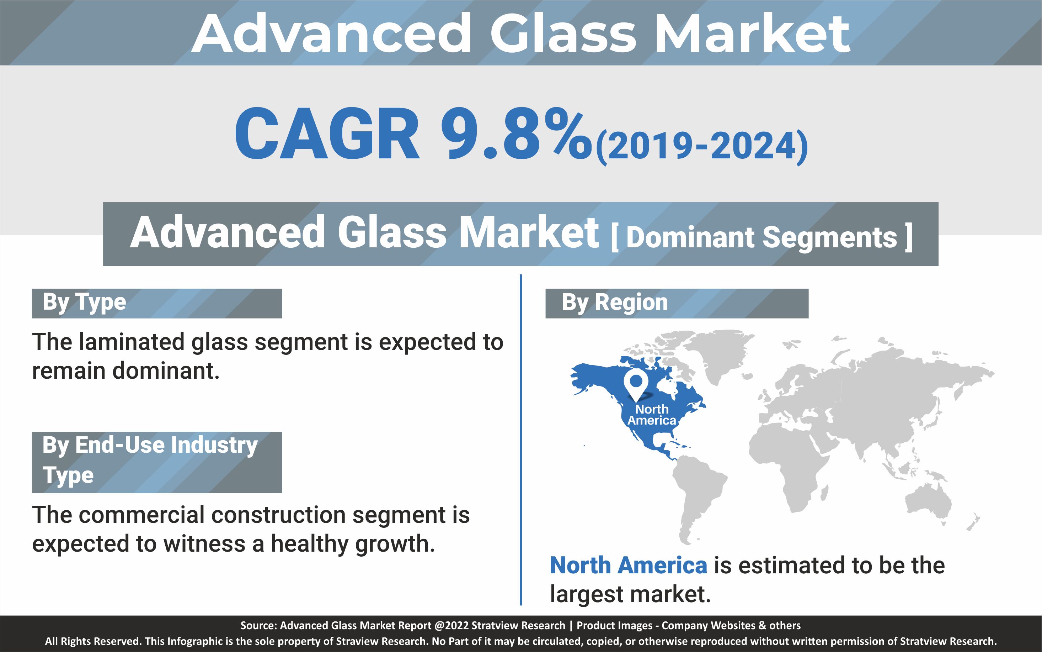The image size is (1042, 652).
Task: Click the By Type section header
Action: click(x=84, y=302)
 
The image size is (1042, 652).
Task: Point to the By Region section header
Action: click(x=615, y=302)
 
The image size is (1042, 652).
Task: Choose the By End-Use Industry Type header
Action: click(x=150, y=461)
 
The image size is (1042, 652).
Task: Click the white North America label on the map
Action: click(x=652, y=415)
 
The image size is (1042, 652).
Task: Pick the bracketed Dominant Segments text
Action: click(x=762, y=237)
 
